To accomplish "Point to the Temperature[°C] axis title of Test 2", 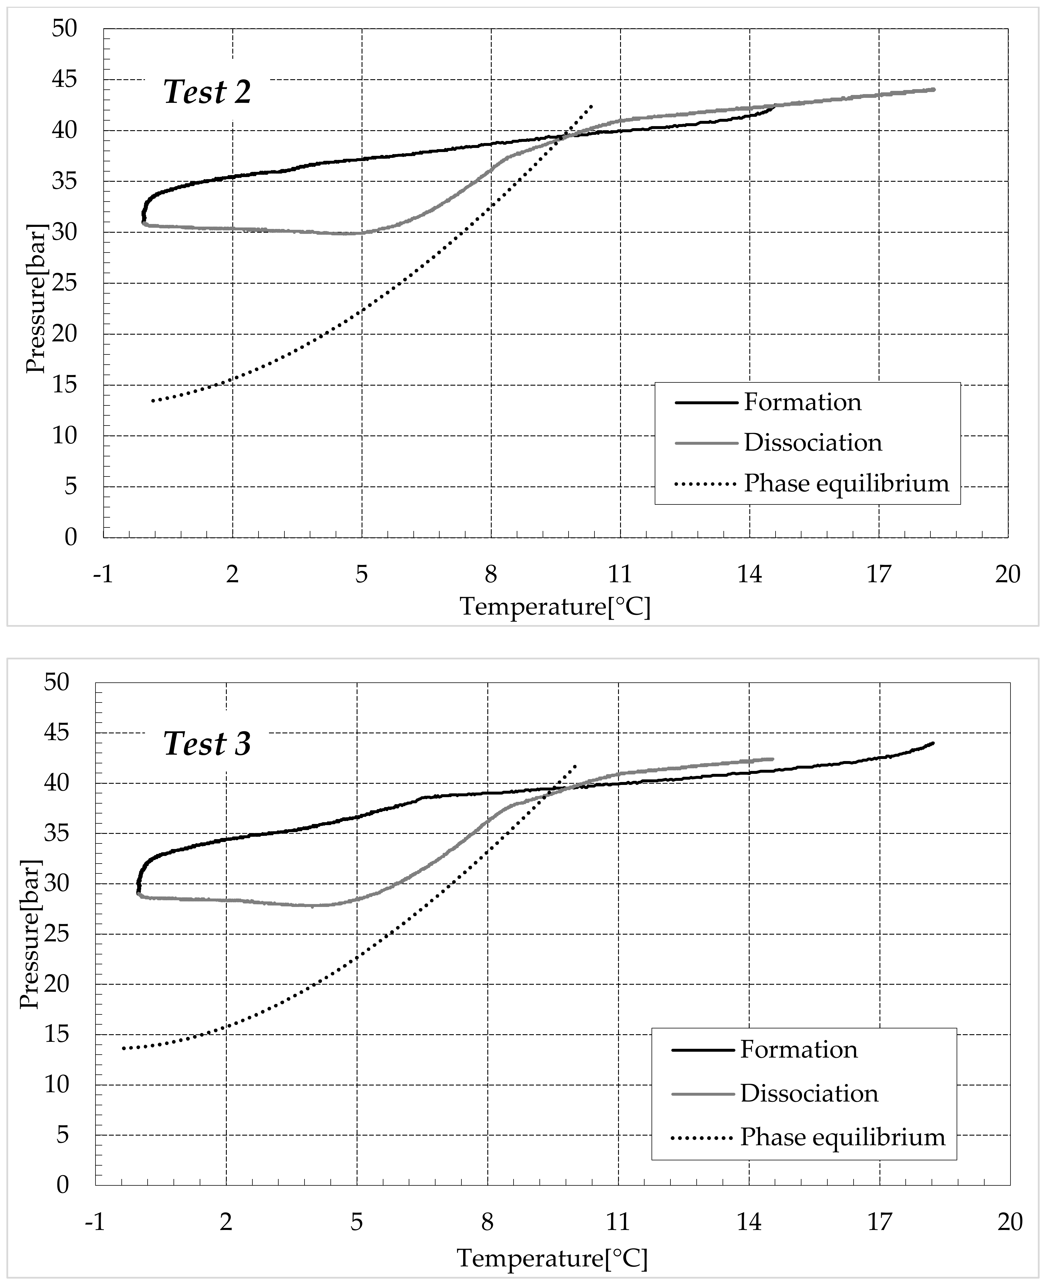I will click(555, 606).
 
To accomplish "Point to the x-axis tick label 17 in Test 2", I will click(879, 574).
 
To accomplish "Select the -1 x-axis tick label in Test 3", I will click(95, 1222).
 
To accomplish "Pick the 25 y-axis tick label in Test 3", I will click(57, 934).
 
